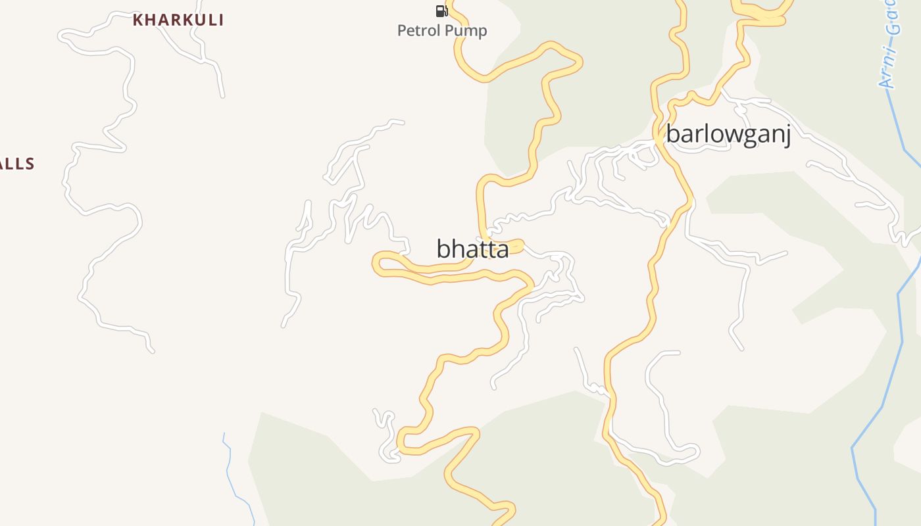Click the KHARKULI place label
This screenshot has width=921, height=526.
pyautogui.click(x=178, y=20)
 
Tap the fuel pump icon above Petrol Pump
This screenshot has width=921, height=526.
pyautogui.click(x=441, y=11)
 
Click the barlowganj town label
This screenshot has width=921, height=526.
pyautogui.click(x=728, y=134)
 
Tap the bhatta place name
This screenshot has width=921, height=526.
pyautogui.click(x=472, y=249)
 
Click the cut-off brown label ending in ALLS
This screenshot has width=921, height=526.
pyautogui.click(x=16, y=164)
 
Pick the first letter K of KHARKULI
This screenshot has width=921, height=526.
pyautogui.click(x=137, y=20)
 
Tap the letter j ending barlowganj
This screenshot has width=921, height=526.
pyautogui.click(x=786, y=135)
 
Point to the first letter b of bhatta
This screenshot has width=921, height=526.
pyautogui.click(x=443, y=249)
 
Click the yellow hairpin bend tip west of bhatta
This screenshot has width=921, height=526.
pyautogui.click(x=376, y=264)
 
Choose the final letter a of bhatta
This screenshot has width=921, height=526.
pyautogui.click(x=502, y=251)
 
